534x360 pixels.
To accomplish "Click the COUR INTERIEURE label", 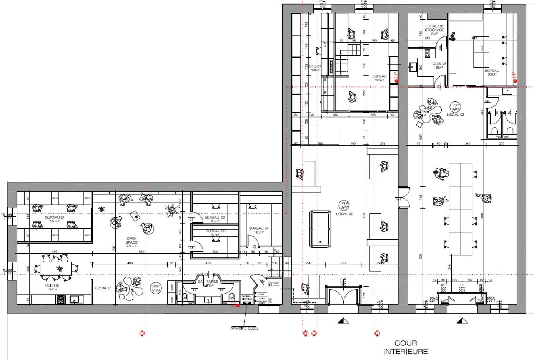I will pyautogui.click(x=406, y=347).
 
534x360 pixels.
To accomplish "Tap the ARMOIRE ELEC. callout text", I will pyautogui.click(x=244, y=328).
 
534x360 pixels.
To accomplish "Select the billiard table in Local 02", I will pyautogui.click(x=320, y=229).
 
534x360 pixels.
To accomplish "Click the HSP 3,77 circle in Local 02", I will pyautogui.click(x=344, y=205).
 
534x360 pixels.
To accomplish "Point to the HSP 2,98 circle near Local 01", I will pyautogui.click(x=156, y=288).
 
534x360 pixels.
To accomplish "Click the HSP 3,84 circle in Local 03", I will pyautogui.click(x=455, y=106).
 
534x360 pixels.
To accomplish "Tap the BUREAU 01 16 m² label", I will pyautogui.click(x=55, y=219).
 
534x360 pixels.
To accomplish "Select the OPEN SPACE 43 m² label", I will pyautogui.click(x=131, y=242).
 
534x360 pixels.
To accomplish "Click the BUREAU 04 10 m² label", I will pyautogui.click(x=259, y=230).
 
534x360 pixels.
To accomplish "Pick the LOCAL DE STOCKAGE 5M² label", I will pyautogui.click(x=434, y=30).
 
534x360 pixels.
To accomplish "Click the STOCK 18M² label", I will pyautogui.click(x=315, y=68).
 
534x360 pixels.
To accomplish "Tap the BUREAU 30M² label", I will pyautogui.click(x=379, y=78).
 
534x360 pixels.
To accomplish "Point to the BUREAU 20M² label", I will pyautogui.click(x=492, y=72).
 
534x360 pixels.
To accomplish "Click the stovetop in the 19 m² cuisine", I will pyautogui.click(x=61, y=299).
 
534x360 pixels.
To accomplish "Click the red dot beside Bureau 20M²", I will pyautogui.click(x=515, y=81).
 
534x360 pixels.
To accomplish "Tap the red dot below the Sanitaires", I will pyautogui.click(x=238, y=305).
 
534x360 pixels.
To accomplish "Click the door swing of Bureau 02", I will pyautogui.click(x=197, y=217).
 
